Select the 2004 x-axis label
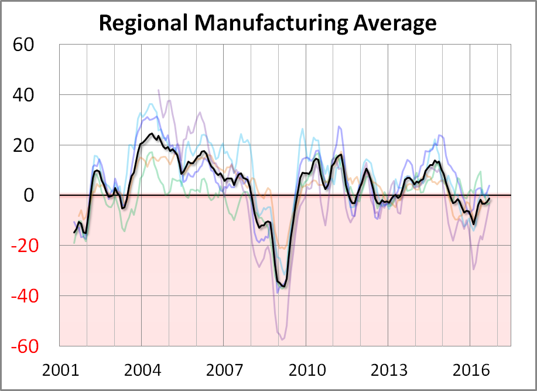tap(142, 370)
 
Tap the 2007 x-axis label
tap(225, 370)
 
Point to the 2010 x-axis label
tap(307, 370)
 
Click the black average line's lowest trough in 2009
tap(284, 286)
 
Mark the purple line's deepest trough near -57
tap(282, 339)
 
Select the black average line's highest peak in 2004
tap(152, 134)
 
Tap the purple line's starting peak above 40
tap(159, 90)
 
